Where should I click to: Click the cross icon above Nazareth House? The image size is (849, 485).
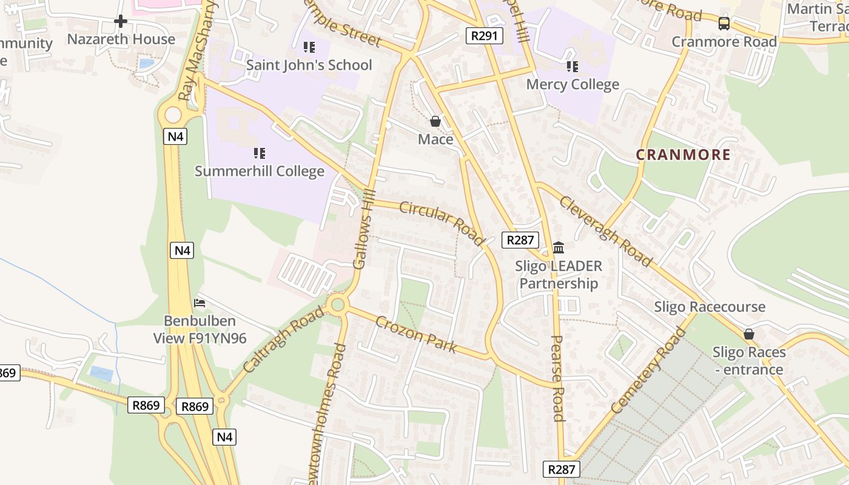[x=121, y=21]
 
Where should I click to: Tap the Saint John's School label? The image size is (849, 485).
[x=309, y=65]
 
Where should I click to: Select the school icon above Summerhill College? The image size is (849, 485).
[x=260, y=153]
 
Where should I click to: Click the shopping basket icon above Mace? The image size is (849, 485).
[x=435, y=121]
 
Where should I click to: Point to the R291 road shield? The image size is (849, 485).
[x=485, y=36]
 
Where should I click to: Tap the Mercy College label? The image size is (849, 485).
[x=572, y=84]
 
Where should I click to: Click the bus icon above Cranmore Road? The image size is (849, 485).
[x=723, y=24]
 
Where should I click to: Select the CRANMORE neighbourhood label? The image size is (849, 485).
[x=683, y=155]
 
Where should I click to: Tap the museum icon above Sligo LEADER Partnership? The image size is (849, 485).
[x=559, y=247]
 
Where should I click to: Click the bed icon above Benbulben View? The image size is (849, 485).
[x=200, y=303]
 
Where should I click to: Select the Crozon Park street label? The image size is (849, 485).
[x=415, y=335]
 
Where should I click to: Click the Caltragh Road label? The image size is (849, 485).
[x=283, y=339]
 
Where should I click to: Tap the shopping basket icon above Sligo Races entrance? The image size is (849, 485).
[x=749, y=334]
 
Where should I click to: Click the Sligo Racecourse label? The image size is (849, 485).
[x=710, y=307]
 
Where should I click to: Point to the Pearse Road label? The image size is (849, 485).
[x=558, y=378]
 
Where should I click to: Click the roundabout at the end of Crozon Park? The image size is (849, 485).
[x=338, y=304]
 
